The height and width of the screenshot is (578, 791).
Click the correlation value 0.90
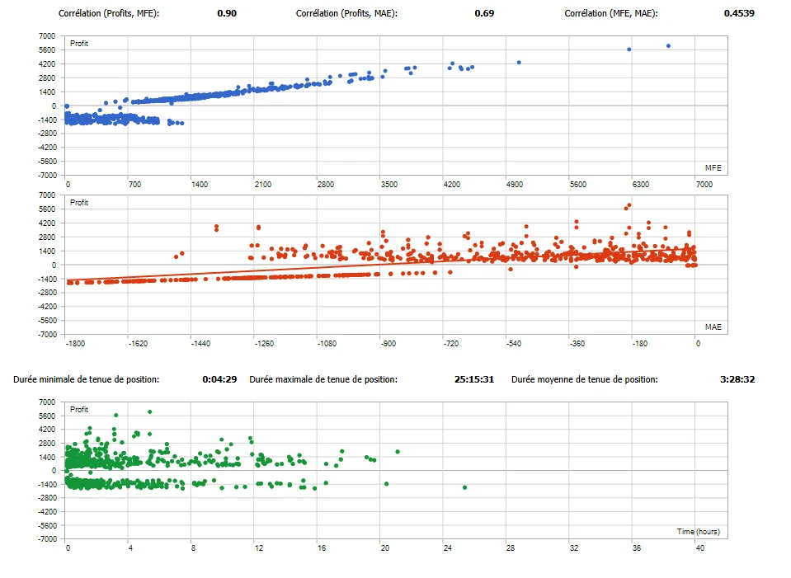pyautogui.click(x=227, y=14)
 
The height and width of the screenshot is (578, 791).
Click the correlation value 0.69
pyautogui.click(x=484, y=14)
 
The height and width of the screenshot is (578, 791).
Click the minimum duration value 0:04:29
pyautogui.click(x=220, y=379)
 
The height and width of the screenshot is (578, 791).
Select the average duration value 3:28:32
pyautogui.click(x=737, y=379)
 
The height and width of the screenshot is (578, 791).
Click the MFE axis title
pyautogui.click(x=713, y=167)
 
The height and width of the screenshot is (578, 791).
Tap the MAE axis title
pyautogui.click(x=713, y=327)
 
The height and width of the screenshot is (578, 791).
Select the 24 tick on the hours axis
pyautogui.click(x=447, y=547)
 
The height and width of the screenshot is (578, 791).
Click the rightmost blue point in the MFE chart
pyautogui.click(x=668, y=46)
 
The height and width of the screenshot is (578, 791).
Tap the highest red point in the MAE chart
pyautogui.click(x=629, y=205)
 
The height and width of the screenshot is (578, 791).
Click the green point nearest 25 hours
pyautogui.click(x=465, y=487)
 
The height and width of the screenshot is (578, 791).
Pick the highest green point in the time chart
pyautogui.click(x=149, y=411)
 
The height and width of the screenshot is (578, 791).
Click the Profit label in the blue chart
pyautogui.click(x=80, y=43)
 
